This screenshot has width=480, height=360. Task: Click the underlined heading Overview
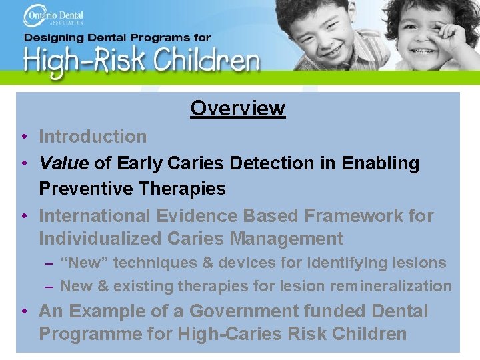(237, 108)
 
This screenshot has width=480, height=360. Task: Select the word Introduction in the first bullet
(93, 137)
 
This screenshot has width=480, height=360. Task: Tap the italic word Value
(65, 163)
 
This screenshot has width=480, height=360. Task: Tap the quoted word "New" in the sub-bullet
(84, 263)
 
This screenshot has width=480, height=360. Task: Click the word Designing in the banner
(59, 38)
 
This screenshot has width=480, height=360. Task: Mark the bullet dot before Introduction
(23, 137)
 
